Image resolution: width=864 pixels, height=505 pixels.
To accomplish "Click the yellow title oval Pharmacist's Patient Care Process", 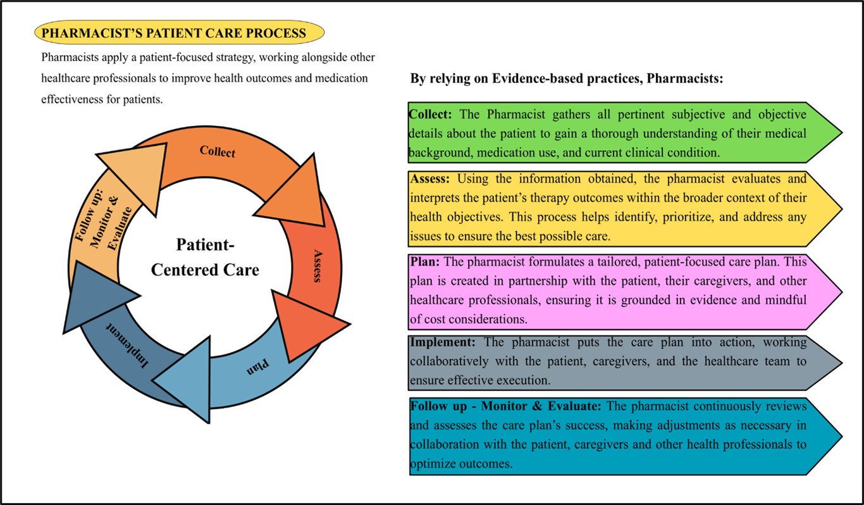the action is pyautogui.click(x=180, y=33).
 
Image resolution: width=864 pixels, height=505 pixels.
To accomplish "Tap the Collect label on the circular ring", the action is pyautogui.click(x=217, y=152).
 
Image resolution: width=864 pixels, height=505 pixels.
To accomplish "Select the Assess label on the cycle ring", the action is pyautogui.click(x=318, y=266).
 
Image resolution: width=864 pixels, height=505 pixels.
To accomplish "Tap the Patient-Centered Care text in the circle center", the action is pyautogui.click(x=205, y=258).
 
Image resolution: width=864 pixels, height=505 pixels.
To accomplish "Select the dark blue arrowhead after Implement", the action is pyautogui.click(x=96, y=297).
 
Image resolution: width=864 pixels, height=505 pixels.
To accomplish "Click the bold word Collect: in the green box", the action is pyautogui.click(x=430, y=114).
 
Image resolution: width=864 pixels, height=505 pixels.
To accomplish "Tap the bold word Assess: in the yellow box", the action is pyautogui.click(x=429, y=178).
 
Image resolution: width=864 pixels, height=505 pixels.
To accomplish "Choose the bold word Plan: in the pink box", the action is pyautogui.click(x=424, y=261).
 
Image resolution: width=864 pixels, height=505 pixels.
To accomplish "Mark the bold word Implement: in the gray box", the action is pyautogui.click(x=442, y=342).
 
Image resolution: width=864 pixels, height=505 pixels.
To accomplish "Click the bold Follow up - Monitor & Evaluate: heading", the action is pyautogui.click(x=505, y=406).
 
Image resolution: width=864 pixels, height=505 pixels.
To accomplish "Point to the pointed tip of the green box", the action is pyautogui.click(x=842, y=132).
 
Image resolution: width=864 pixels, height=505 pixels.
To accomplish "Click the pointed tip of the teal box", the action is pyautogui.click(x=842, y=436).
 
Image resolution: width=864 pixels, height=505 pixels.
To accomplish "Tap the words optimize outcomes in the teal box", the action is pyautogui.click(x=461, y=463).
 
